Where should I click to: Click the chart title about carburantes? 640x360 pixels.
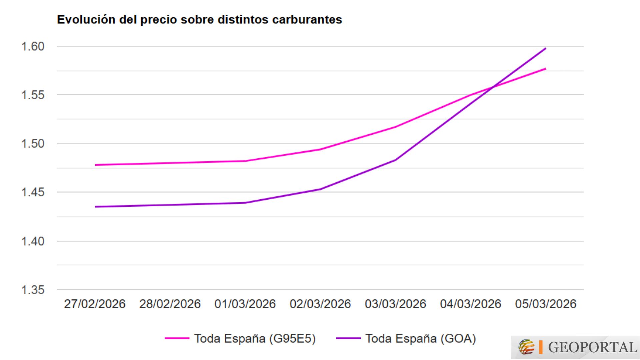pyautogui.click(x=199, y=20)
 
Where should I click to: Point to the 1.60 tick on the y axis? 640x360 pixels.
pyautogui.click(x=33, y=46)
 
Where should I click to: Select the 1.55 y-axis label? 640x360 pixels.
pyautogui.click(x=33, y=95)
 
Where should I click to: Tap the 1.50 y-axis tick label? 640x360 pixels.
pyautogui.click(x=33, y=144)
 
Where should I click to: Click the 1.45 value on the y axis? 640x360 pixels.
pyautogui.click(x=33, y=192)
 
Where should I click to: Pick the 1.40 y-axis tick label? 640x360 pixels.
pyautogui.click(x=33, y=241)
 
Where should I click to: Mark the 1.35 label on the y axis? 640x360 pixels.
pyautogui.click(x=33, y=290)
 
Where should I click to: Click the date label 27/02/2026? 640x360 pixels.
pyautogui.click(x=95, y=304)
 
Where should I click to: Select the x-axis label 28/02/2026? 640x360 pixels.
pyautogui.click(x=170, y=304)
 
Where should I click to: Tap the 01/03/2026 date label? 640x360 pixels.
pyautogui.click(x=245, y=304)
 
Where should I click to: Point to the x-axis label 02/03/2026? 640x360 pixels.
pyautogui.click(x=320, y=304)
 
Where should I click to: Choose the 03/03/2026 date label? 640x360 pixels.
pyautogui.click(x=395, y=304)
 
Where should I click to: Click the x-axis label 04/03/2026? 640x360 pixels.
pyautogui.click(x=471, y=304)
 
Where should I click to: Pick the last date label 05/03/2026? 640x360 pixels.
pyautogui.click(x=546, y=304)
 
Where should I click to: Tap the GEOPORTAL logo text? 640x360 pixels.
pyautogui.click(x=592, y=347)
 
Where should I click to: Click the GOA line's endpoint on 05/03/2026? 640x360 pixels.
pyautogui.click(x=545, y=49)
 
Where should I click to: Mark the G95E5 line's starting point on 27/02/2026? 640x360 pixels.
pyautogui.click(x=96, y=165)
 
